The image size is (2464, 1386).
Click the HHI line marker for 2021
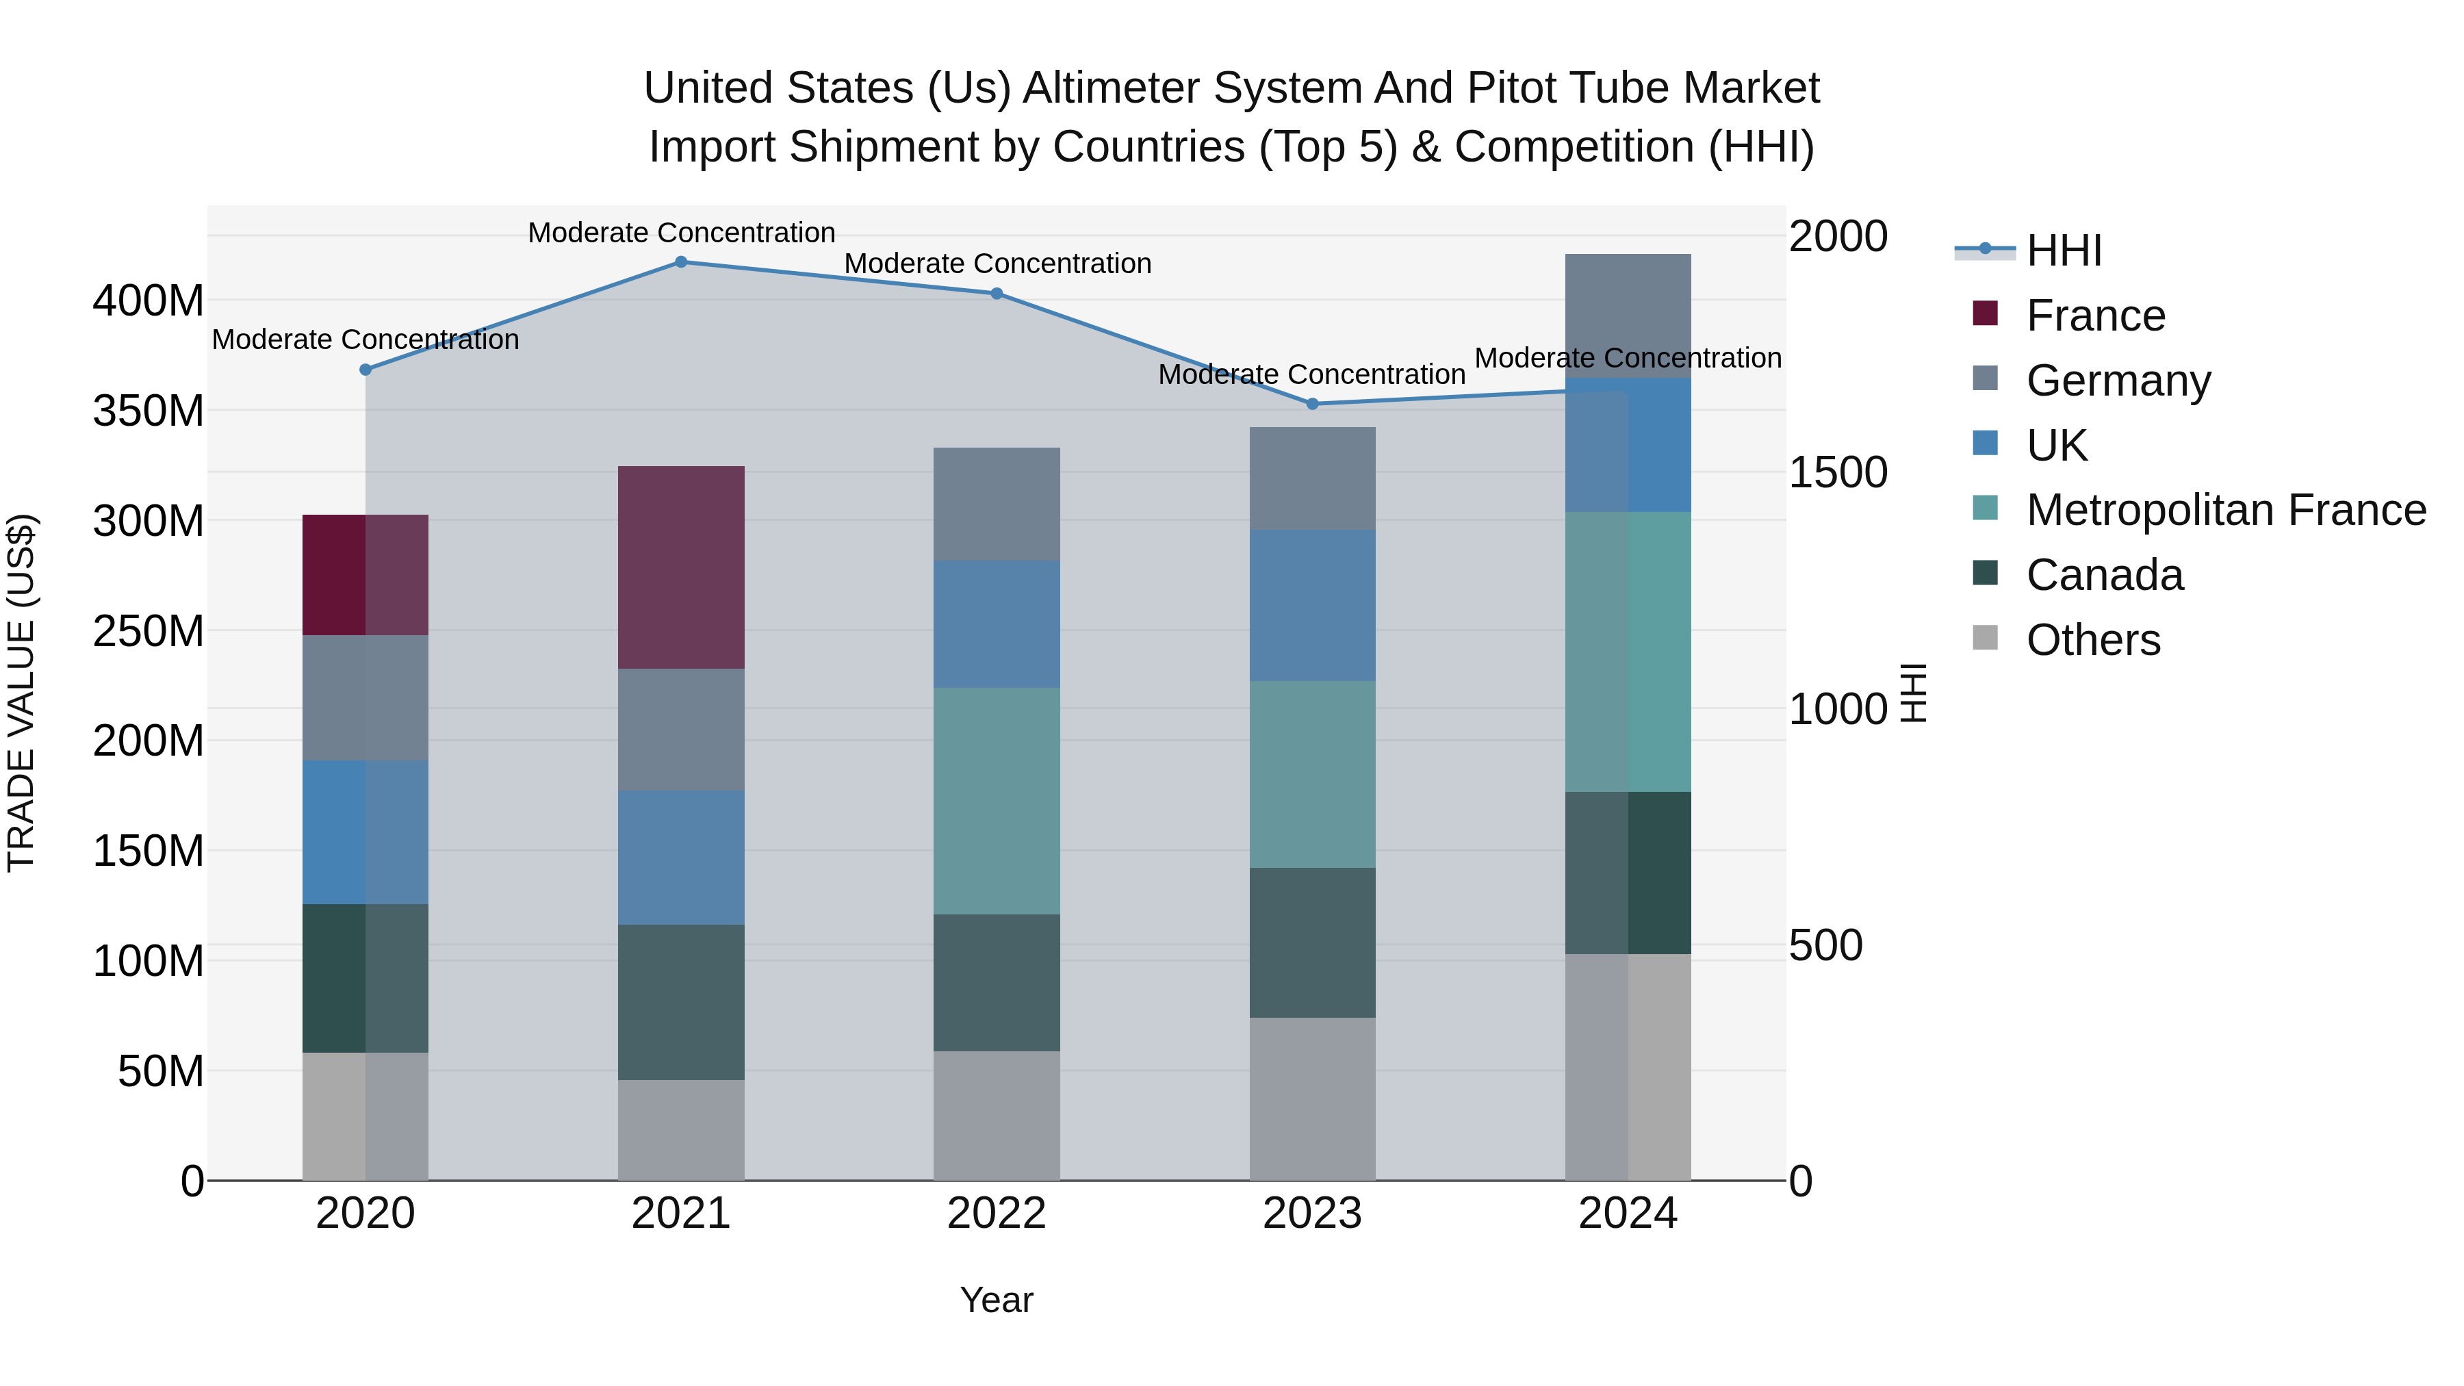click(681, 262)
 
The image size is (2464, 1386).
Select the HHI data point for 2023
click(1312, 404)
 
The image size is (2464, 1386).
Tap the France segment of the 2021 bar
click(681, 567)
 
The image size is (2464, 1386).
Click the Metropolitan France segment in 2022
click(997, 801)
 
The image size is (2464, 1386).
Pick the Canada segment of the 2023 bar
click(1312, 942)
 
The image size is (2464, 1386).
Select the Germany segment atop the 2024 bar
click(1628, 316)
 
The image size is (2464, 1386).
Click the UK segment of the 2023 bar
click(1312, 606)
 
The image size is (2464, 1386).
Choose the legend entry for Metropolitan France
click(2226, 510)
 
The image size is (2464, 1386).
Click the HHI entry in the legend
click(2064, 251)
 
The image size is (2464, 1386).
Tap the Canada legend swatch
click(1986, 574)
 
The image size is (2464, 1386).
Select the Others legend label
click(2093, 640)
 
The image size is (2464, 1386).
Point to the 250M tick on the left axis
click(149, 631)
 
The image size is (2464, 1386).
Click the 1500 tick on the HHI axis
click(1838, 472)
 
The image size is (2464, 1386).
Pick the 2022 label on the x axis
click(997, 1214)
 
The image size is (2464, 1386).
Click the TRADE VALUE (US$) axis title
click(21, 693)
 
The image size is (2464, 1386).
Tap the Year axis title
click(997, 1300)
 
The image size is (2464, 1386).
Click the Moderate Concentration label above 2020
click(365, 339)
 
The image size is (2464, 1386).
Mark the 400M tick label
click(149, 301)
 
